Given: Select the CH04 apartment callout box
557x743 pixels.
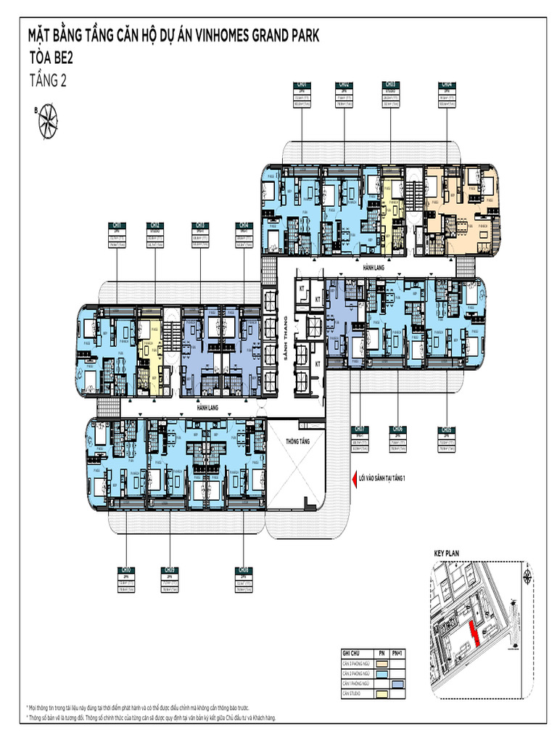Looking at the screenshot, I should [x=447, y=94].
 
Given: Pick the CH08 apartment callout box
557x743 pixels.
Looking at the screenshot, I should [x=244, y=580].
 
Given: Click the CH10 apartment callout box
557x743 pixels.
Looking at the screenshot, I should [x=127, y=580].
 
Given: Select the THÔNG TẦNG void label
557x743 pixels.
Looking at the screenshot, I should [x=297, y=440].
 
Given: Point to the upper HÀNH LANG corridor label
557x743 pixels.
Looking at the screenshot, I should [x=373, y=267].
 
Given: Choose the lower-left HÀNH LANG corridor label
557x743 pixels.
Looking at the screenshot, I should [x=207, y=409].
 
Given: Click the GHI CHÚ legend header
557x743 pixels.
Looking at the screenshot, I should [x=351, y=653].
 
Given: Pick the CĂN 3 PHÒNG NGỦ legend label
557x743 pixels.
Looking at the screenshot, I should [x=356, y=663].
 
